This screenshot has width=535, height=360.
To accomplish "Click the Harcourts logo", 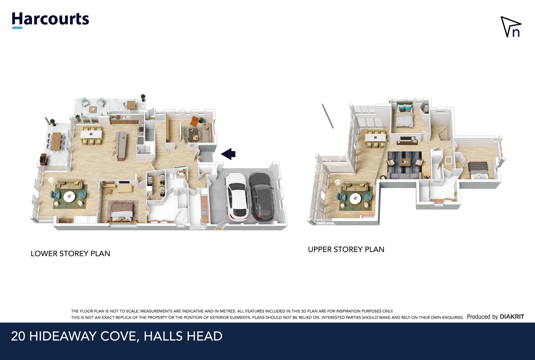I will coord(50,19).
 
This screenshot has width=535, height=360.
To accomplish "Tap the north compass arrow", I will coord(510,27).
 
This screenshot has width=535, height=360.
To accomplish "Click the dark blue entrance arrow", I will coord(228,154).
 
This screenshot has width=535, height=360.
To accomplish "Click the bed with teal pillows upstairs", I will coord(405,117).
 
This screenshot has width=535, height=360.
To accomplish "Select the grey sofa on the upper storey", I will coord(404,176).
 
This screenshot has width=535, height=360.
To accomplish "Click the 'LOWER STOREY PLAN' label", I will coord(70,254).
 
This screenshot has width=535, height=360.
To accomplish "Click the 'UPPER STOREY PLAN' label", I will coord(346,249).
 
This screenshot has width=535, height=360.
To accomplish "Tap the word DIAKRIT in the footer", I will coord(512,317).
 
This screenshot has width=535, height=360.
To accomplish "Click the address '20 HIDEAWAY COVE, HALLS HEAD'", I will coord(117,336).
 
